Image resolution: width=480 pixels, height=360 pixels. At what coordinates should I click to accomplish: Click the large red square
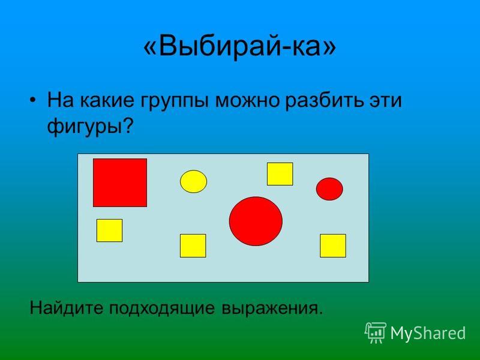(x=120, y=183)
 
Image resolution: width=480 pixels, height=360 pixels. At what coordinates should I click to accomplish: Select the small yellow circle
(x=193, y=182)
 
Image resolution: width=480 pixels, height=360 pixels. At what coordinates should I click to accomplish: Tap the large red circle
(x=256, y=221)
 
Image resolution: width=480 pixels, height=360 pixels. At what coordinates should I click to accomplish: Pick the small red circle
(x=329, y=189)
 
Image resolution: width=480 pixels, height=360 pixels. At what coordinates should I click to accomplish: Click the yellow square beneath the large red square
(x=110, y=230)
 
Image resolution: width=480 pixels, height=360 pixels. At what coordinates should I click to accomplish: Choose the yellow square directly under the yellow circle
(x=193, y=246)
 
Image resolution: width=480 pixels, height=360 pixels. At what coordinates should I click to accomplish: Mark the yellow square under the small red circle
(x=333, y=246)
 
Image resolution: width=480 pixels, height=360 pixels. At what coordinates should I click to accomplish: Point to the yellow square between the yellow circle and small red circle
(x=280, y=174)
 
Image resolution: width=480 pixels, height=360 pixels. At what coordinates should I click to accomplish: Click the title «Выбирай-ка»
(x=239, y=47)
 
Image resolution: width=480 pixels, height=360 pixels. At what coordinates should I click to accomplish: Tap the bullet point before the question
(x=33, y=100)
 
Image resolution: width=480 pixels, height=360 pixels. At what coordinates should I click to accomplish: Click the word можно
(x=247, y=100)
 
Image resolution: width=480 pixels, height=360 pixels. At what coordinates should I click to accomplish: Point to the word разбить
(x=322, y=100)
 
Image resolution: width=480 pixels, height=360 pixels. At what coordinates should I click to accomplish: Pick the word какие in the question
(x=107, y=100)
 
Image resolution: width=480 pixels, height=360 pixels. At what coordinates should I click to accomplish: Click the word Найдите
(x=67, y=307)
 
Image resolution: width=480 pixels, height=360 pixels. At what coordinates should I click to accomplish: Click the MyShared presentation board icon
(x=376, y=333)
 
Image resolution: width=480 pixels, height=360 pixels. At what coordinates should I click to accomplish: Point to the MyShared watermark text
(x=428, y=333)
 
